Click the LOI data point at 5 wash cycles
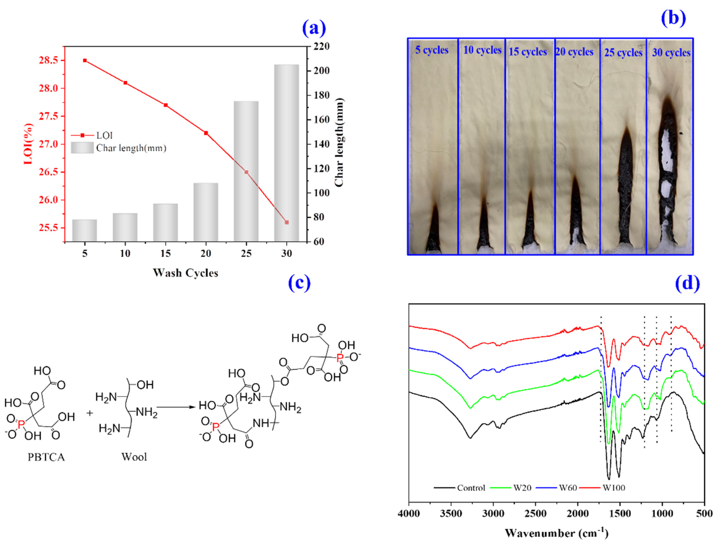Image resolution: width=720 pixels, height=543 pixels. [85, 61]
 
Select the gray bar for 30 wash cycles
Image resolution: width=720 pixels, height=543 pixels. [287, 153]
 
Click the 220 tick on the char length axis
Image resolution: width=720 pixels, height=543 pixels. [321, 47]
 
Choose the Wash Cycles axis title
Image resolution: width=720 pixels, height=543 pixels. [185, 273]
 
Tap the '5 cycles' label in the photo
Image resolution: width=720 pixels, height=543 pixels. [432, 50]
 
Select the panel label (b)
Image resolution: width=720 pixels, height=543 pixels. [673, 18]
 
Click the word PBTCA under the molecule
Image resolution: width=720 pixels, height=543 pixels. [46, 457]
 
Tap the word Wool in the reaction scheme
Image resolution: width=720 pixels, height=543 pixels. [134, 457]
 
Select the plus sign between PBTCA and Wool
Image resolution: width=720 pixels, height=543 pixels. [89, 413]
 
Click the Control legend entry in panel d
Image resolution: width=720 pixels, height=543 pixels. [471, 488]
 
